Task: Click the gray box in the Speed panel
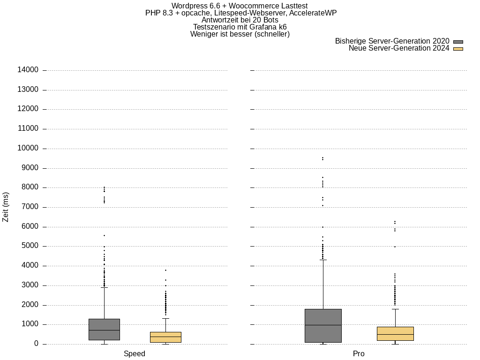coord(104,330)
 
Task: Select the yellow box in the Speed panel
coord(165,337)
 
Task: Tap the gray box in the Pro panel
coord(323,326)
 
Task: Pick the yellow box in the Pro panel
coord(395,334)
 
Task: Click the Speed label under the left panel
coord(135,354)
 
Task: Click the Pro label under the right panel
coord(359,354)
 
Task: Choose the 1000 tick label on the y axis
coord(30,324)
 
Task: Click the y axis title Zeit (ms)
coord(6,207)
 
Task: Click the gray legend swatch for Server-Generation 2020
coord(458,42)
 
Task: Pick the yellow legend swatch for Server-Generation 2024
coord(458,49)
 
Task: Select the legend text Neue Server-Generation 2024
coord(399,48)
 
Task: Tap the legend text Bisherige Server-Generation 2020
coord(392,41)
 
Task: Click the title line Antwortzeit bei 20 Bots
coord(240,20)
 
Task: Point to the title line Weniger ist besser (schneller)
coord(240,34)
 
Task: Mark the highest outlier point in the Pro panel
coord(322,158)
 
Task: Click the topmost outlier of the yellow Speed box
coord(165,270)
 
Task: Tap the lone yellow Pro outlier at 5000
coord(395,247)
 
